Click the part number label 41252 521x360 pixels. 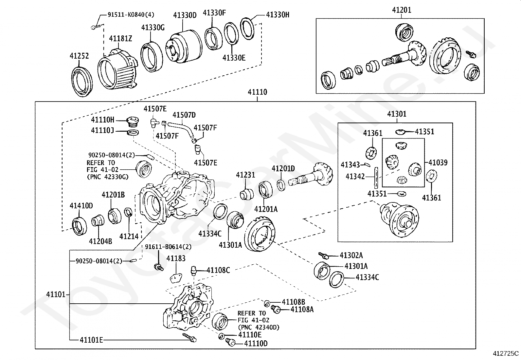[79, 56]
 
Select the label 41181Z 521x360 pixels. [120, 39]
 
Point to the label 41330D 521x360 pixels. [185, 15]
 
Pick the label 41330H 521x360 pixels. [278, 15]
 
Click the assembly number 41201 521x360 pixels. [402, 10]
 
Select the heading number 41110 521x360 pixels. [257, 92]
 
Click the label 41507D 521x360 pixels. [184, 115]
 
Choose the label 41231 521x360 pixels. [245, 175]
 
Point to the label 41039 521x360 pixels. [438, 163]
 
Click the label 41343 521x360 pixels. [350, 165]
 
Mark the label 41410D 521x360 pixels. [81, 206]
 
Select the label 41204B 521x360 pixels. [100, 241]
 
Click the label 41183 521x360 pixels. [176, 258]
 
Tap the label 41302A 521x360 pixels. [351, 256]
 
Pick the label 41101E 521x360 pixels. [91, 340]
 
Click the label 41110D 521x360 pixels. [256, 344]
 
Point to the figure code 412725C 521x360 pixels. [506, 354]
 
